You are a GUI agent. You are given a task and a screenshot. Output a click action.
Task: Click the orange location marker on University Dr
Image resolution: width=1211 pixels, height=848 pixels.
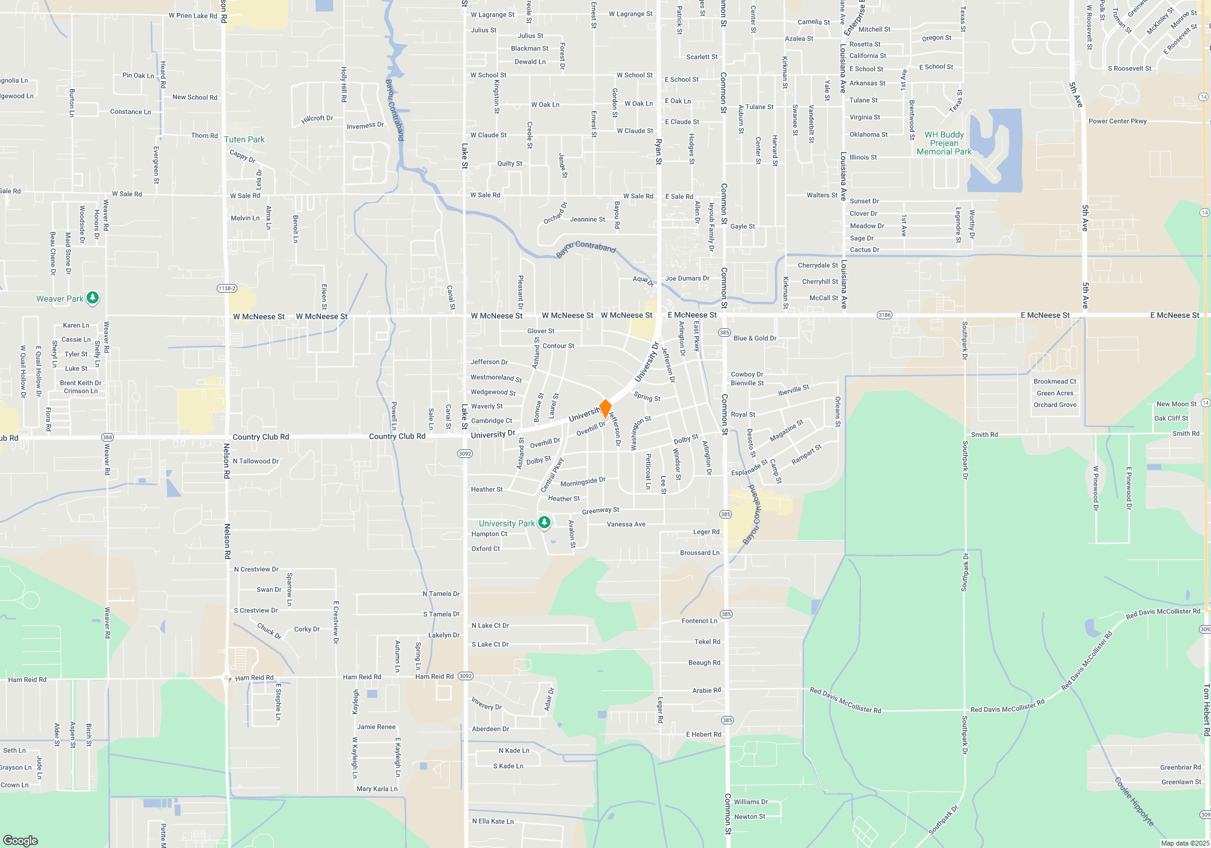point(605,408)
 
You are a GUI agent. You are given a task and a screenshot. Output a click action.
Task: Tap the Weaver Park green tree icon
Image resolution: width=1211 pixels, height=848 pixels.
point(93,297)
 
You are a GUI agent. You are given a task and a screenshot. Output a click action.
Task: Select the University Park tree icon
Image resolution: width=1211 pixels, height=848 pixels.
point(544,522)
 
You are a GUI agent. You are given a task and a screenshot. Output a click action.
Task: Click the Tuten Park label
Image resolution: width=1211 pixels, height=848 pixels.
point(244,139)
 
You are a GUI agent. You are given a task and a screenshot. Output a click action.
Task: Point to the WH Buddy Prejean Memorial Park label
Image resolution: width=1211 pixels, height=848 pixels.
point(944,144)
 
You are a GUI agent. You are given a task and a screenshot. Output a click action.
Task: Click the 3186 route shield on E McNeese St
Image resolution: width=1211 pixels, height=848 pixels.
point(885,315)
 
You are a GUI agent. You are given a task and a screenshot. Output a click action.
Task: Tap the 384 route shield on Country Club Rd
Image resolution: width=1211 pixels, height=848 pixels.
point(107,437)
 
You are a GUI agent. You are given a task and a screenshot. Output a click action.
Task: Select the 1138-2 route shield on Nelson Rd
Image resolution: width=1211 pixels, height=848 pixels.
point(226,288)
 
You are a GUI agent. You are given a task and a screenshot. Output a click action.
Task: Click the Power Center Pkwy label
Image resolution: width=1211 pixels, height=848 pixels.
point(1117,121)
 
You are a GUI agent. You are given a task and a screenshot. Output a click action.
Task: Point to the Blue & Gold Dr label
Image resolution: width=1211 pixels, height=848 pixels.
point(754,339)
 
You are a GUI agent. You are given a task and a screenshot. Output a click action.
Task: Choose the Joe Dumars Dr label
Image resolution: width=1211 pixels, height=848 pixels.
point(687,279)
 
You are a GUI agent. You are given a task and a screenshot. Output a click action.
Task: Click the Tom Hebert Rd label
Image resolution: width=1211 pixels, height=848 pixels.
point(1206,710)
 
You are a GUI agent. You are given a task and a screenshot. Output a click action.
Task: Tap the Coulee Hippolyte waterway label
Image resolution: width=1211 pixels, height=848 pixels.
point(1134,801)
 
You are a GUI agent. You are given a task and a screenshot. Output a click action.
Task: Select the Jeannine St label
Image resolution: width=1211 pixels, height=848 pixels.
point(587,219)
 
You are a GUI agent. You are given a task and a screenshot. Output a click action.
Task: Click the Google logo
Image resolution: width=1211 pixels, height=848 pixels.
point(21,841)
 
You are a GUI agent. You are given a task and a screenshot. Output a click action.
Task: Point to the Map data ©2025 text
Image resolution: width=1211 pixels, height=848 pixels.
point(1184,843)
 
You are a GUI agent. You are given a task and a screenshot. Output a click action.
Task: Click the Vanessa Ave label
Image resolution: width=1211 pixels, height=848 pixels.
point(626,525)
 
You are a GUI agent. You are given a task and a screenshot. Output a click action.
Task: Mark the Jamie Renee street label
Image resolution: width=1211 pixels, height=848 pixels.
point(376,727)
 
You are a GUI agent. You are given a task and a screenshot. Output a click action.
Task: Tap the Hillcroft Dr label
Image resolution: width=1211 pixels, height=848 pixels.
point(317,119)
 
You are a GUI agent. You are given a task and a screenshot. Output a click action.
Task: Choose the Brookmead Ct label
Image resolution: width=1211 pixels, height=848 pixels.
point(1055,382)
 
